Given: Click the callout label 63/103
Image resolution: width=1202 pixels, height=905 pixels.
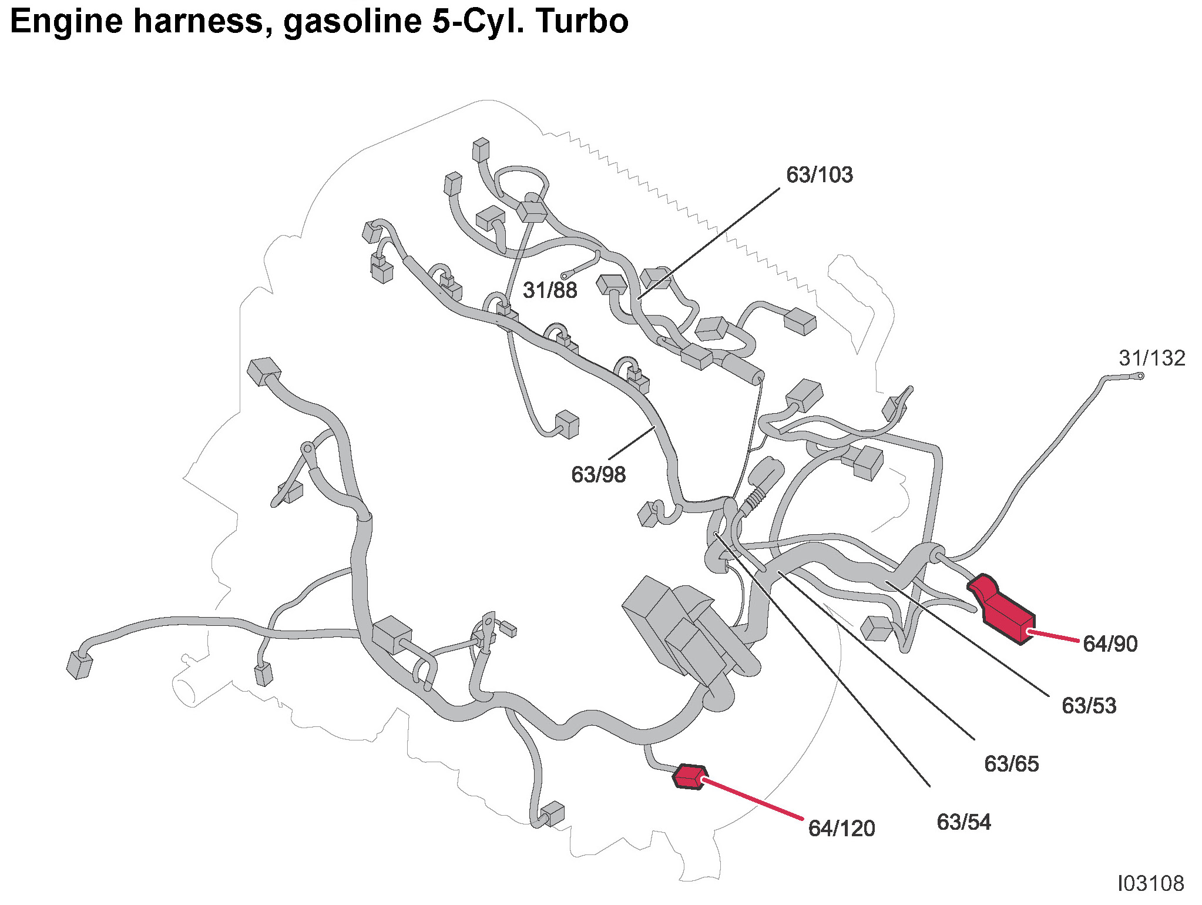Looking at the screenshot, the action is pos(819,175).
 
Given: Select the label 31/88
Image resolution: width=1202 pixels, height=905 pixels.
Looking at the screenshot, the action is pos(550,290).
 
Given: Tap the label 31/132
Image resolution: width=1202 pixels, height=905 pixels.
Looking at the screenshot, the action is pos(1151,358).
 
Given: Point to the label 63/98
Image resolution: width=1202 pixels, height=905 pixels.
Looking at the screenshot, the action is pos(598,475).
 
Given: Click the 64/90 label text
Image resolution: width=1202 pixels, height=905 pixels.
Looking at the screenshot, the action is pos(1110,644).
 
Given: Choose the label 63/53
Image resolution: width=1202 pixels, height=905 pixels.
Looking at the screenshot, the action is pos(1089,706).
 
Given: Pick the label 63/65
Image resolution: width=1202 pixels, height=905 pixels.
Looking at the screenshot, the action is pos(1011,764).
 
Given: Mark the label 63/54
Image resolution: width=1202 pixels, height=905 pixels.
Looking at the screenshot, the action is pos(963,822).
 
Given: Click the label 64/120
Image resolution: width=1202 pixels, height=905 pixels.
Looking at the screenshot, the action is pos(841,829).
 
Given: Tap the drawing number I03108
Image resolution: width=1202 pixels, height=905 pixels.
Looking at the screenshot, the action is pos(1150,884).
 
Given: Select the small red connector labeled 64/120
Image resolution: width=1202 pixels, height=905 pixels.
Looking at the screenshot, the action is pos(689,776).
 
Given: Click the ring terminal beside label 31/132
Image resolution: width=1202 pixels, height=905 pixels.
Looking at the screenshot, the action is pos(1140,376).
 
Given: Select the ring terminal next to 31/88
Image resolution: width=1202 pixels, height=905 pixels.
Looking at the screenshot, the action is pos(565,275).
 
